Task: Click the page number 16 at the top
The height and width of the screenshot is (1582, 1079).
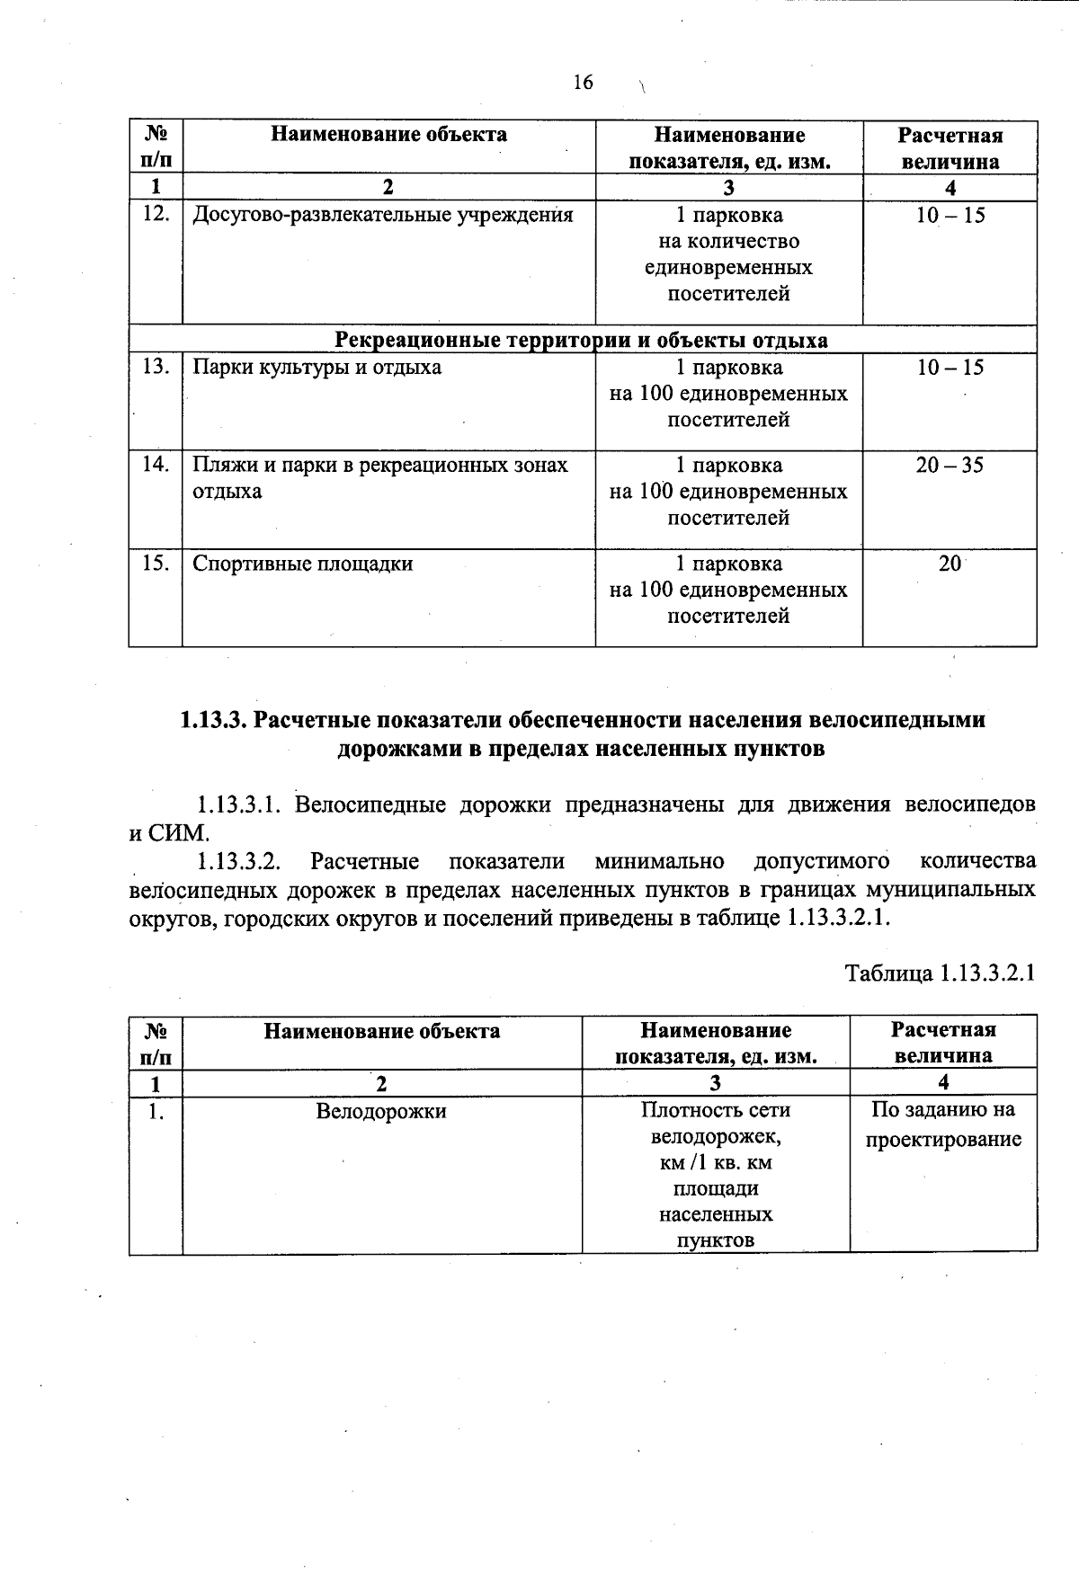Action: click(x=583, y=83)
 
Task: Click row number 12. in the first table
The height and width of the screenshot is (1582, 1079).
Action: click(x=156, y=216)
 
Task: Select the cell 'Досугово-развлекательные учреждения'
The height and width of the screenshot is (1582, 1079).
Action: click(x=382, y=216)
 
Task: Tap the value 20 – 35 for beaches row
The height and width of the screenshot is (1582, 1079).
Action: click(x=950, y=466)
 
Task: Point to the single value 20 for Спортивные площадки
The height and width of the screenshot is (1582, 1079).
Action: click(x=950, y=564)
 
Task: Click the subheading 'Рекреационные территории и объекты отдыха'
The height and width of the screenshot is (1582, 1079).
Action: click(x=582, y=340)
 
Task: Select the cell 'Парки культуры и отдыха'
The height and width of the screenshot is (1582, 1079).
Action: click(x=317, y=368)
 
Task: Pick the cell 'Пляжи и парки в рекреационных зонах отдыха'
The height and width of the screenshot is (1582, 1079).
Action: click(x=379, y=477)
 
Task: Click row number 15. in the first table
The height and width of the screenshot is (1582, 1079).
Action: click(x=156, y=564)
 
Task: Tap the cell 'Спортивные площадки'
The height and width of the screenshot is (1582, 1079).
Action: click(x=303, y=564)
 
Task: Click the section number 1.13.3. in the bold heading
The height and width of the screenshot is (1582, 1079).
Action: click(x=214, y=721)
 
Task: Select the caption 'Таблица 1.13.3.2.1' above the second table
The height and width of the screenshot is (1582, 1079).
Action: click(x=941, y=973)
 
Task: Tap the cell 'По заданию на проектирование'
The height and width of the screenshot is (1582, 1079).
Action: click(x=943, y=1124)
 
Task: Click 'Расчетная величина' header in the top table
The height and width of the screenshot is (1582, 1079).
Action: click(x=950, y=148)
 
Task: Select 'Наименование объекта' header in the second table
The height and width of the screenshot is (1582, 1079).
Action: click(x=381, y=1031)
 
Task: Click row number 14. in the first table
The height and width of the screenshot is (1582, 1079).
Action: click(x=156, y=466)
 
